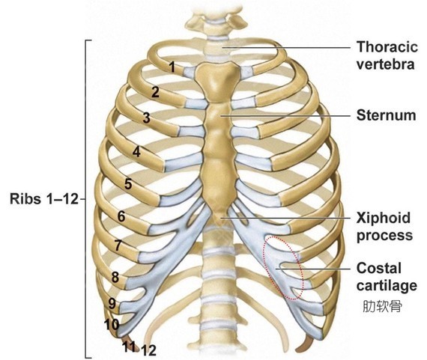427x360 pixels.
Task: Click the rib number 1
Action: coord(172,67)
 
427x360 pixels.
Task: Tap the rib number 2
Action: coord(155,92)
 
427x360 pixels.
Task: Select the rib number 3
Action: coord(147,118)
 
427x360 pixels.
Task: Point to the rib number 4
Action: coord(136,152)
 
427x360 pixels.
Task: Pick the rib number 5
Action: coord(128,183)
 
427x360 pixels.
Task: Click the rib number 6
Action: coord(121,216)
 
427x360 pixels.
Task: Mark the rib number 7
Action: coord(118,245)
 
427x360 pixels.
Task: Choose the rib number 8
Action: coord(115,277)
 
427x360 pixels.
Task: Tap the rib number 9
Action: coord(112,303)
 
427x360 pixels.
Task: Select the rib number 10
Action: coord(112,324)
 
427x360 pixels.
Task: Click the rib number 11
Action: coord(129,347)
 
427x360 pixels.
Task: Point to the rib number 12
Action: coord(149,350)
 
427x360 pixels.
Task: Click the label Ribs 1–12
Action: coord(44,198)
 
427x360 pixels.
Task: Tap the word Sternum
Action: coord(386,115)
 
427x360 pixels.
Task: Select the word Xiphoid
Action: coord(383,218)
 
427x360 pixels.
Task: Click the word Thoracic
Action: coord(387,46)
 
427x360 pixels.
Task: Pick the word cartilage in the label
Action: coord(387,286)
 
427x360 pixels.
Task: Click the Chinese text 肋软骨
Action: coord(382,306)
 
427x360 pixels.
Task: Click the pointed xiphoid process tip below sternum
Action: coord(219,222)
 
